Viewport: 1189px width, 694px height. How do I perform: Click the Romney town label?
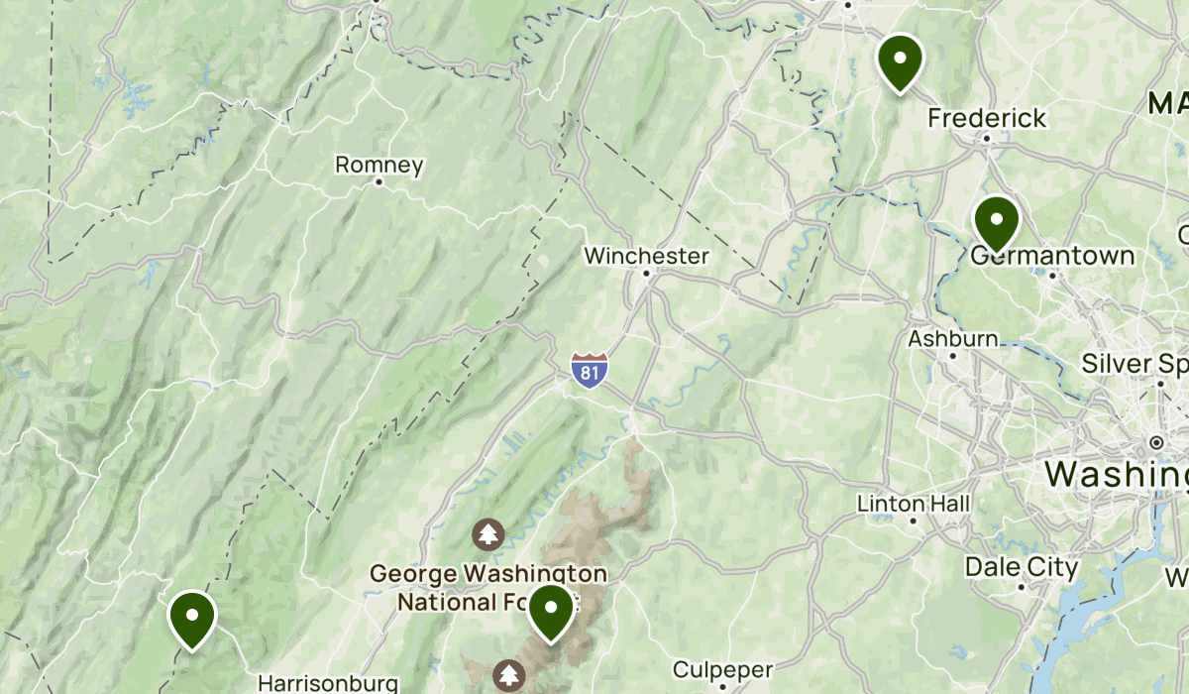(x=379, y=165)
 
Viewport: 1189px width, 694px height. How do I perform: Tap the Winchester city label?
(x=646, y=256)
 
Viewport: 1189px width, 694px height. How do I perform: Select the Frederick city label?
(x=987, y=118)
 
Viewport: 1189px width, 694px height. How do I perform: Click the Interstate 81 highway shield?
(x=589, y=370)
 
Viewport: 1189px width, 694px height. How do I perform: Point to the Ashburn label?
(x=953, y=338)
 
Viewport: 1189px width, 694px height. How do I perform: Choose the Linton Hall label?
(x=914, y=504)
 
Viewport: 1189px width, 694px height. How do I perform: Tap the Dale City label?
(x=1021, y=568)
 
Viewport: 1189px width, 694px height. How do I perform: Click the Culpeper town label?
(x=722, y=669)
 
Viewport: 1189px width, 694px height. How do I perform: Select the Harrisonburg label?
(x=328, y=683)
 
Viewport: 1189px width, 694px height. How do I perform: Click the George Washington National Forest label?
(x=487, y=587)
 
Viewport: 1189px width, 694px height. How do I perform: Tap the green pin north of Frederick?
(x=900, y=59)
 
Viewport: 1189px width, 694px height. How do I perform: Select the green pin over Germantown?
(x=996, y=222)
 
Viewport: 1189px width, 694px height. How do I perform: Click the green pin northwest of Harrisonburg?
(x=192, y=617)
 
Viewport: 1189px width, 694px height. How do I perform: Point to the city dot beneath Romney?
(x=379, y=182)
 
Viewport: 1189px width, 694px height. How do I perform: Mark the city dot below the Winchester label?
(x=646, y=273)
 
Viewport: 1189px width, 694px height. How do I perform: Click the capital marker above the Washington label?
(x=1156, y=441)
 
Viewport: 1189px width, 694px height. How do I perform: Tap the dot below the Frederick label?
(x=987, y=139)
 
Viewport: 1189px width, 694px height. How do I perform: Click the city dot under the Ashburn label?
(x=953, y=355)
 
